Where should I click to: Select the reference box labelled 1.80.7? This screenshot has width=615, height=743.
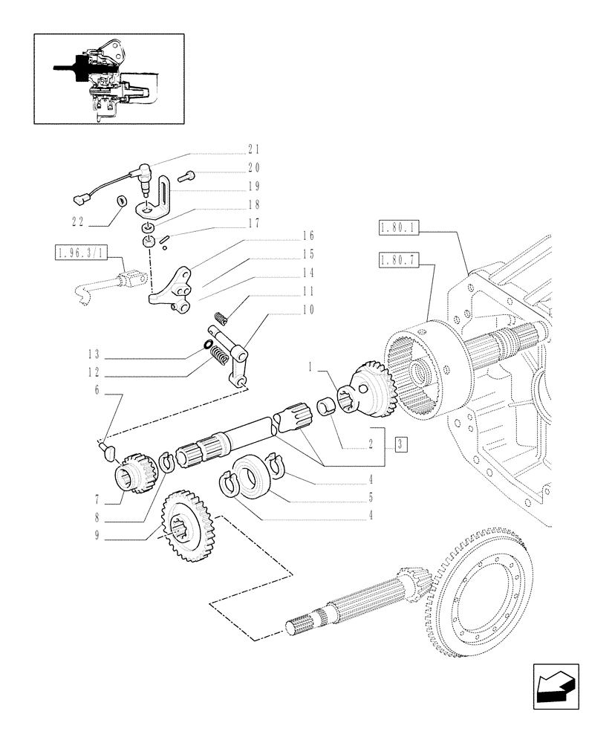coord(398,260)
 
